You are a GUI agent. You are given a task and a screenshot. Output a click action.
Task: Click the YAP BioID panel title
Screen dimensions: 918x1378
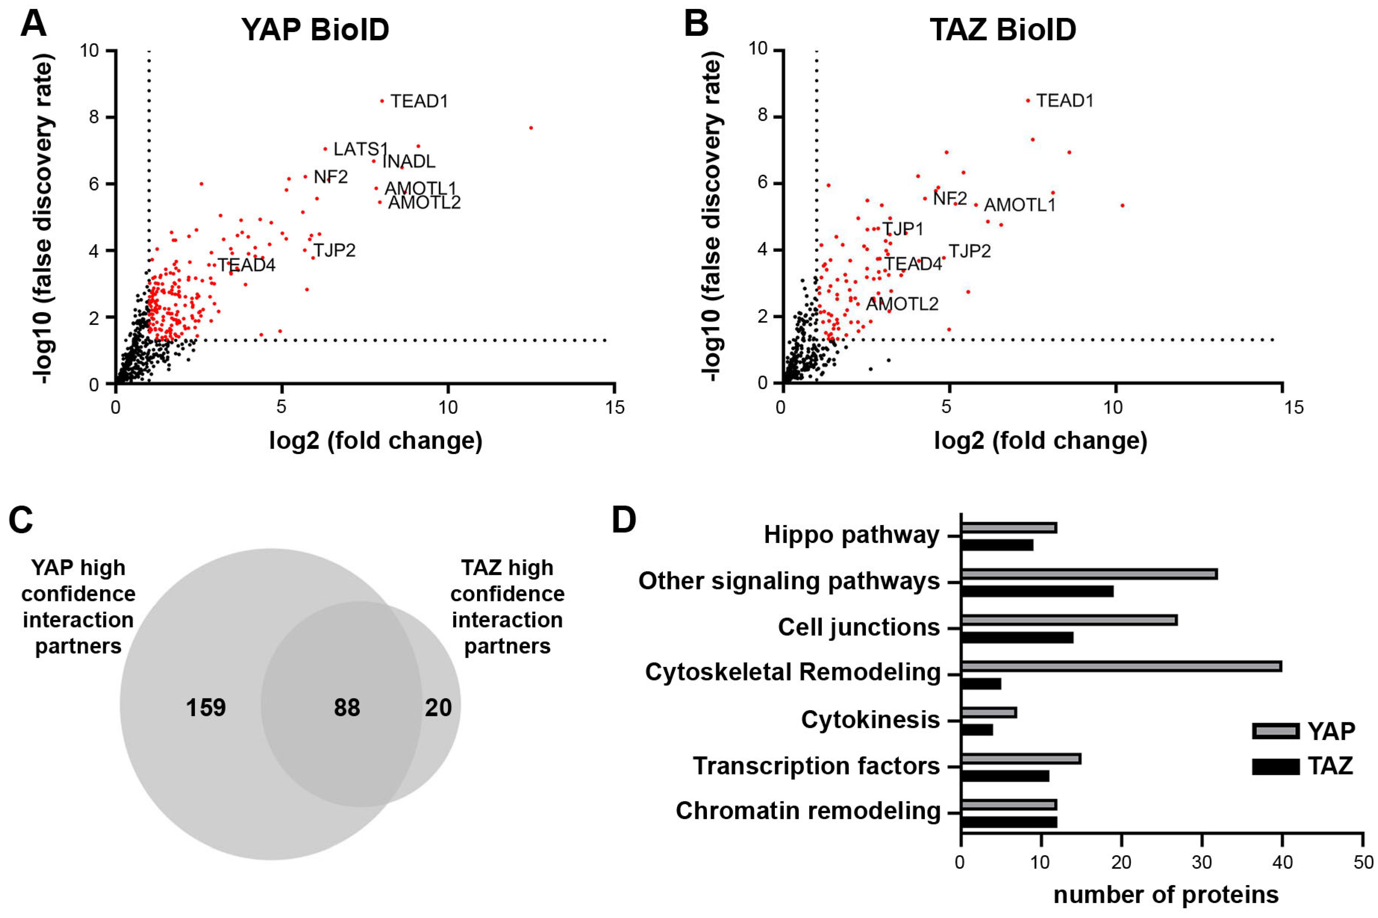pos(315,30)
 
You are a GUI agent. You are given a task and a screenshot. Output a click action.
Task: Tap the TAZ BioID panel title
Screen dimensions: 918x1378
pos(1003,30)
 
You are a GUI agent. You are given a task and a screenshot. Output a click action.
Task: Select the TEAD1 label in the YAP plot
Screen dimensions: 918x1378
pos(419,101)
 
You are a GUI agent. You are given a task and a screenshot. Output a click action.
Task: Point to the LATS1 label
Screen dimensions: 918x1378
pos(360,149)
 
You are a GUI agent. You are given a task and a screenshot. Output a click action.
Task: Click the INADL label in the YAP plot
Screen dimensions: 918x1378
pos(409,161)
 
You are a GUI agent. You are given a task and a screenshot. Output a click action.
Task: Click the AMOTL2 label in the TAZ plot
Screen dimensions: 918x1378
pos(902,304)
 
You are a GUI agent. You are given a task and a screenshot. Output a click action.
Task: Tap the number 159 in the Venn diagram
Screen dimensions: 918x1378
pos(206,708)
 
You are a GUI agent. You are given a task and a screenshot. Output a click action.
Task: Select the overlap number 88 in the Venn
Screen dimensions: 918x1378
pos(347,708)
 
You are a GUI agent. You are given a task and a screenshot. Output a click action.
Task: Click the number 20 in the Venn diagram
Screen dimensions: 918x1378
pos(438,708)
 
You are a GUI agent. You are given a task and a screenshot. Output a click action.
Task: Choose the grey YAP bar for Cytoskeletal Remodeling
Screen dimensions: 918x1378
pos(1121,666)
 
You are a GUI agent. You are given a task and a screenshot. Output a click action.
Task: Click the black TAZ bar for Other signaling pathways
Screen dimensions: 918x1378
pos(1037,591)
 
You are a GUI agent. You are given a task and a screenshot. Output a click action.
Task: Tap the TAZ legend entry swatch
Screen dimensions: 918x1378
pos(1275,766)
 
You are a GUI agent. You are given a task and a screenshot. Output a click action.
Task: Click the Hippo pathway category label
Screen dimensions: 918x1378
pos(851,535)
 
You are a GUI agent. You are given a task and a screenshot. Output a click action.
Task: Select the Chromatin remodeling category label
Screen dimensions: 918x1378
pos(808,811)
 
